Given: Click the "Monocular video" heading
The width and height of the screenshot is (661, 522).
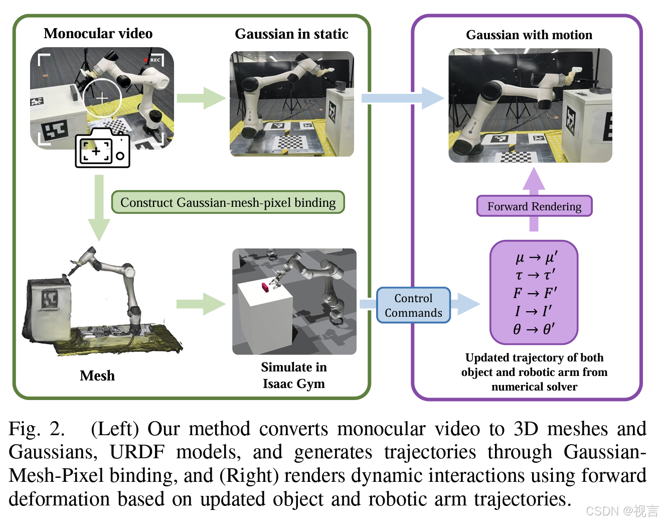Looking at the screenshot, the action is coord(98,34).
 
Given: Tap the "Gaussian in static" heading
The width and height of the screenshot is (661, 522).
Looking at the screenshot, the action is coord(291,34).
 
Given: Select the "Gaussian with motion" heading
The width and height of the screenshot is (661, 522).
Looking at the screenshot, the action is coord(529,35).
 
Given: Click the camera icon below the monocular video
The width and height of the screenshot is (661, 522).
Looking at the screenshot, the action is coord(103,149).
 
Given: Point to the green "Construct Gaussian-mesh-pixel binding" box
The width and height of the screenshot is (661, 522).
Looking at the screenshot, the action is coord(228,202).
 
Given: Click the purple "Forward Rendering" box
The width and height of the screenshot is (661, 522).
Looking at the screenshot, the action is coord(534,206).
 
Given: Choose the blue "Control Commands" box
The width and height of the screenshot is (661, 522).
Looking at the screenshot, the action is coord(413,305).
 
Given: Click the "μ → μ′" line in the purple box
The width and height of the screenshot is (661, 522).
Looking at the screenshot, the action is coord(536,257).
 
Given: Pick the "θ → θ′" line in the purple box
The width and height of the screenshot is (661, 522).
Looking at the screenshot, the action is coord(534,329).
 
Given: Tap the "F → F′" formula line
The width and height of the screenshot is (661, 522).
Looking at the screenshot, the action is coord(535,293).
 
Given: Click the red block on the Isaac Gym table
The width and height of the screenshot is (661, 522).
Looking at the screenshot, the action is coord(265,288).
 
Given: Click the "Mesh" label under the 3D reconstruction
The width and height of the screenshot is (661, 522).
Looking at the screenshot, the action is coord(97,375).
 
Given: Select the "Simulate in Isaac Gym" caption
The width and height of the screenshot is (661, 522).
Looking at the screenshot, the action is coord(294,375).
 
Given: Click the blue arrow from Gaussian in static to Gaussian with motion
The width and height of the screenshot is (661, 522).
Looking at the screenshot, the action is coord(403,98).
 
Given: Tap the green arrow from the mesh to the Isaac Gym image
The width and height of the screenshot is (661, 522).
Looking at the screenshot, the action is coord(201,304).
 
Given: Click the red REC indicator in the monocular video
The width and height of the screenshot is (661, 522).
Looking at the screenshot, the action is coord(146,60).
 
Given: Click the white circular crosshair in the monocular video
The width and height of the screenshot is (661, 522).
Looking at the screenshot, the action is coord(102,98).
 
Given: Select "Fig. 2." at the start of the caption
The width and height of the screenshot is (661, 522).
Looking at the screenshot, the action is coord(36,429).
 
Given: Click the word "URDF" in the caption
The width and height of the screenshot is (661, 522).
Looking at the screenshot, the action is coord(137,452).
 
